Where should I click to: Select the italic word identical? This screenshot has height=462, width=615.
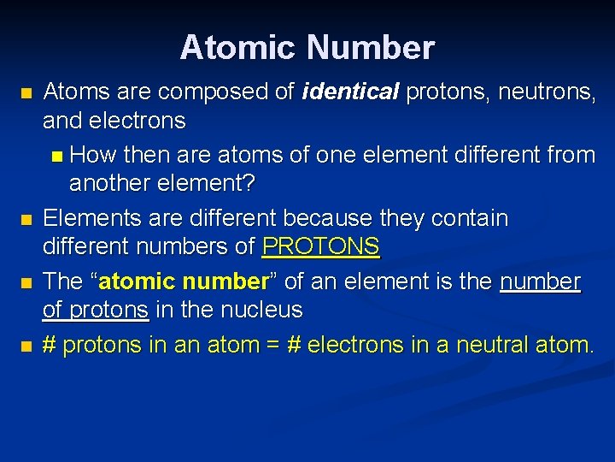[x=349, y=92]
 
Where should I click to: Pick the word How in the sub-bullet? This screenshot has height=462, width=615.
[x=94, y=155]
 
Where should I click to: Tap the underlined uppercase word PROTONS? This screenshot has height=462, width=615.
[x=320, y=247]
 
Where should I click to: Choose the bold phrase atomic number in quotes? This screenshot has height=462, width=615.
[x=184, y=281]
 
